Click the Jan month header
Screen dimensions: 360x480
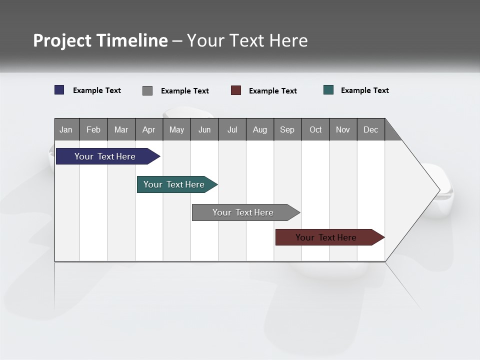coord(66,129)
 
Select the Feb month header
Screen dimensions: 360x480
coord(93,129)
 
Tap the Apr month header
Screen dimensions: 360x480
coord(149,129)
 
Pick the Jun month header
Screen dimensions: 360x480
coord(204,129)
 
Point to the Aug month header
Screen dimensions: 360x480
coord(260,129)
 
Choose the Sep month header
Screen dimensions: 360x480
coord(287,129)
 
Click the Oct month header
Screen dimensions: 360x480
coord(315,129)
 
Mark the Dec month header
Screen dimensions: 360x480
coord(371,129)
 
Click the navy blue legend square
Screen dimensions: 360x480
coord(59,90)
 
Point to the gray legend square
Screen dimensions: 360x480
coord(147,90)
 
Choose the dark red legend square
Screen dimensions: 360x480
coord(236,90)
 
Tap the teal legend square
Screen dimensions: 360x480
coord(328,90)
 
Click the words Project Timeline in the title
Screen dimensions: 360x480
coord(100,40)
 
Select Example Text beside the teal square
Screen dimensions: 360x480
coord(365,90)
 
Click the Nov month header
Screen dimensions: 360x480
coord(343,129)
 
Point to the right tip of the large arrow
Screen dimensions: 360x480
coord(438,190)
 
